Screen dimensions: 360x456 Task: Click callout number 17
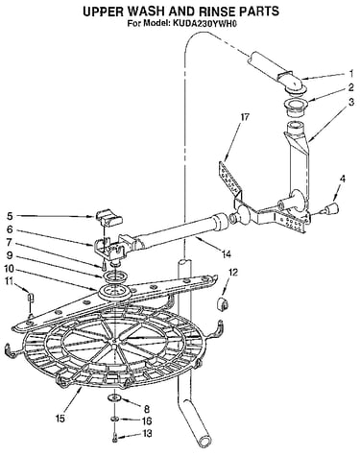pyautogui.click(x=244, y=117)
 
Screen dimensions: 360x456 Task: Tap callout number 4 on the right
pyautogui.click(x=343, y=180)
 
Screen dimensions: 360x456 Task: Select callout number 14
pyautogui.click(x=227, y=254)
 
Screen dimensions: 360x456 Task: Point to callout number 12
pyautogui.click(x=233, y=273)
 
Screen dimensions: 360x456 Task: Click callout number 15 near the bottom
pyautogui.click(x=60, y=419)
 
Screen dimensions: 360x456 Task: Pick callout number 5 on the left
pyautogui.click(x=10, y=217)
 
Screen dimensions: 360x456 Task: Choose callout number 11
pyautogui.click(x=10, y=281)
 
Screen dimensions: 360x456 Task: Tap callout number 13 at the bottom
pyautogui.click(x=147, y=434)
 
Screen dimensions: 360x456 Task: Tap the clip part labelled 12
pyautogui.click(x=223, y=303)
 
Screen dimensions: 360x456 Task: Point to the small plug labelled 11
pyautogui.click(x=31, y=298)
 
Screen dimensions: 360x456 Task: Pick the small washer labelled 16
pyautogui.click(x=114, y=419)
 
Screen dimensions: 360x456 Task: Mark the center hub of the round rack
pyautogui.click(x=114, y=343)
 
